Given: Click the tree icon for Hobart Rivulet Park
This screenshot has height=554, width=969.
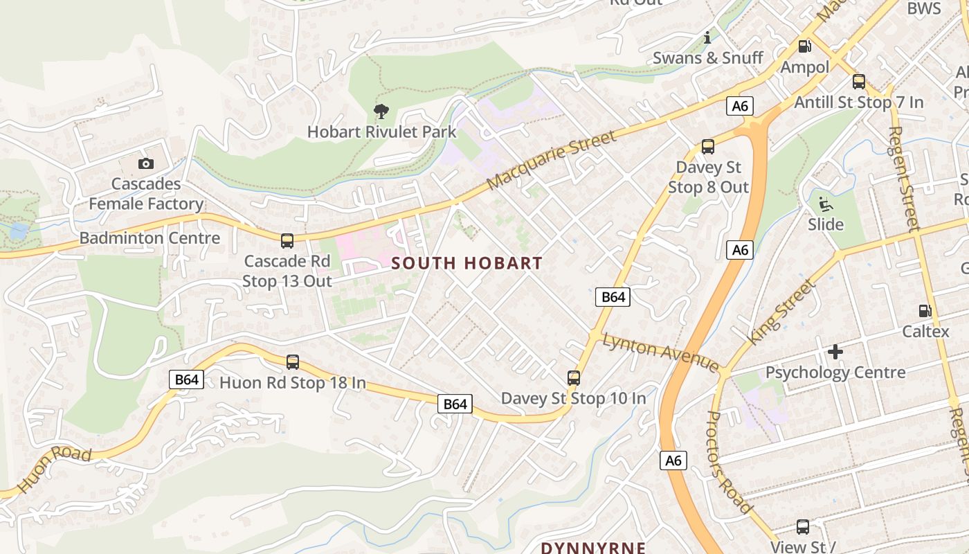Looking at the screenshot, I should tap(381, 111).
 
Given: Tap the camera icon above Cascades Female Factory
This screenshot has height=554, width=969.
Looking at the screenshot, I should tap(145, 163).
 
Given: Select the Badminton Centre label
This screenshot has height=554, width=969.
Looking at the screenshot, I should tap(150, 238).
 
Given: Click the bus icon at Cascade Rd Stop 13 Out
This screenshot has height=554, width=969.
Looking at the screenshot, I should tap(287, 241).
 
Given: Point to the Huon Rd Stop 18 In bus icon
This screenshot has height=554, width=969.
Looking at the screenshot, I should tap(293, 361).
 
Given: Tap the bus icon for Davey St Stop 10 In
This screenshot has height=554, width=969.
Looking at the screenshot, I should tap(573, 377).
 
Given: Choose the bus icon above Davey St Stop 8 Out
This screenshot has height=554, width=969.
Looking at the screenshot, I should tap(707, 147).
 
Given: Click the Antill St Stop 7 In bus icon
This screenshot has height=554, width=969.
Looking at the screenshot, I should tap(859, 82).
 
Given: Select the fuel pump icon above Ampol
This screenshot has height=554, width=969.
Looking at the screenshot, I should tap(804, 46).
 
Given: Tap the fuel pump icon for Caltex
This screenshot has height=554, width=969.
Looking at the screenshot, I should tap(925, 311).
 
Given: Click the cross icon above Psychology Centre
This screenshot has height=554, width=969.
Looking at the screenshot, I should tap(835, 352).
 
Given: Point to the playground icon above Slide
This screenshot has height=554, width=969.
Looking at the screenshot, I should tap(825, 204).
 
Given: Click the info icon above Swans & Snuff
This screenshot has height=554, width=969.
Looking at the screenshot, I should tap(707, 37).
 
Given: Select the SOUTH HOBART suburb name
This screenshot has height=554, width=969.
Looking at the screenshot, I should tap(467, 263).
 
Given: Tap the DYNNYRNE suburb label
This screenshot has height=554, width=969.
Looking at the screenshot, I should tap(593, 547).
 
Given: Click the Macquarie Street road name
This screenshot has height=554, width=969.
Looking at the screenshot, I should tap(551, 161).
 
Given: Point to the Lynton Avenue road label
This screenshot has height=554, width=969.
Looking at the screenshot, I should tap(661, 352).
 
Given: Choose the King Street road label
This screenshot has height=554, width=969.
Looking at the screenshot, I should tap(781, 312).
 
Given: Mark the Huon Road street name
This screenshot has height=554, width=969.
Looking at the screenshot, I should tap(54, 470).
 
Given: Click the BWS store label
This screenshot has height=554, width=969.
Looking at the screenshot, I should tap(924, 8).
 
